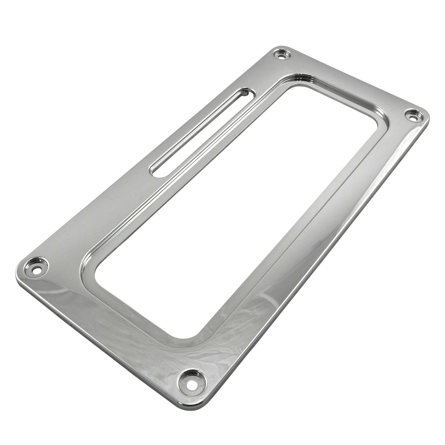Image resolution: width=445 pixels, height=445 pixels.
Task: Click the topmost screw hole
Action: pos(282,56)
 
